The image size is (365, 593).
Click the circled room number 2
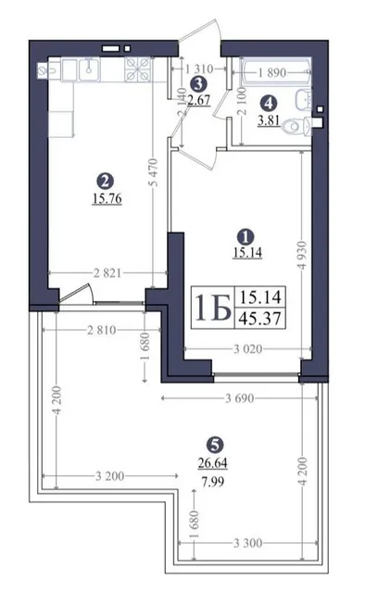tap(106, 181)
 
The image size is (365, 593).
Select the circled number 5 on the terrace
tap(215, 446)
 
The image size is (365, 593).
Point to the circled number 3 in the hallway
tap(198, 84)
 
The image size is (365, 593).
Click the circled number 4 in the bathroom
tap(269, 102)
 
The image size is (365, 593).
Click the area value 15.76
tap(107, 198)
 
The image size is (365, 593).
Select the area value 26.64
tap(213, 462)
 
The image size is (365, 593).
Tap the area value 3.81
tap(269, 120)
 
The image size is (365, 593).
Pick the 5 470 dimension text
tap(154, 172)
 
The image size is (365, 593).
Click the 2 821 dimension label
tap(108, 273)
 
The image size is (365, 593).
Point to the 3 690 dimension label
tap(240, 398)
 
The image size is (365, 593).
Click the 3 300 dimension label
tap(247, 544)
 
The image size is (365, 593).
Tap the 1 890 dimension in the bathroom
tap(272, 72)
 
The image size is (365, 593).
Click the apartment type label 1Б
tap(212, 307)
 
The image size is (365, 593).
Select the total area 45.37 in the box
tap(260, 319)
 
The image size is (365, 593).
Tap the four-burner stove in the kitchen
tap(138, 69)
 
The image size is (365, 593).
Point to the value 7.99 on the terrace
tap(213, 482)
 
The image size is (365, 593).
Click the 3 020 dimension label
tap(247, 348)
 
